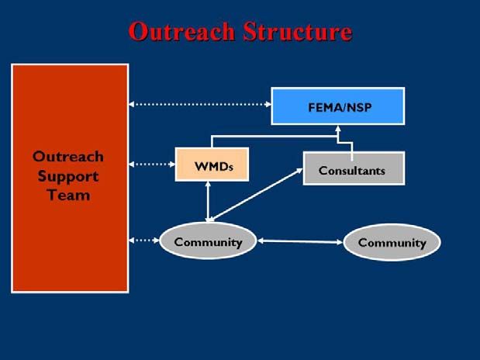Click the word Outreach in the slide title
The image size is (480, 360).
pos(181,32)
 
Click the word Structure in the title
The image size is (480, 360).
pos(298,32)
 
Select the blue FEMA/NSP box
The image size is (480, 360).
pos(338,106)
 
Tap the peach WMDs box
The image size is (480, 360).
pos(212,164)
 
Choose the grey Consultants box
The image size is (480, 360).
pos(354,168)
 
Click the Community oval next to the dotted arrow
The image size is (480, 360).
pos(208,241)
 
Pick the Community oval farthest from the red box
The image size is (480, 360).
pos(392,242)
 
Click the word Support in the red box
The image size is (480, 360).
pos(68,177)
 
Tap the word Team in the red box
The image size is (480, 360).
pos(68,196)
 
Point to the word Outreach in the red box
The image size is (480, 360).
pos(68,157)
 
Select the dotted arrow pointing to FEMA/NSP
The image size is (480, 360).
pos(200,104)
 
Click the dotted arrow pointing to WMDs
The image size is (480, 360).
pos(152,164)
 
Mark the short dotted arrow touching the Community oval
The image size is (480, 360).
pos(144,241)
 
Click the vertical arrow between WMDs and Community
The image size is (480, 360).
pos(208,201)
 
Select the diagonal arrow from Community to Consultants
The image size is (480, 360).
pos(255,195)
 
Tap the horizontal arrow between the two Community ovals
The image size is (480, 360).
pos(300,242)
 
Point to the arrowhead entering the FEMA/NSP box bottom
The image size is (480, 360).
pos(338,128)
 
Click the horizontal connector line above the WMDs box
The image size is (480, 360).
pos(275,137)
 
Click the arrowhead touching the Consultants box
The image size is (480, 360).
pos(299,171)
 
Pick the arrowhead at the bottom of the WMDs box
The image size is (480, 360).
pos(208,185)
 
